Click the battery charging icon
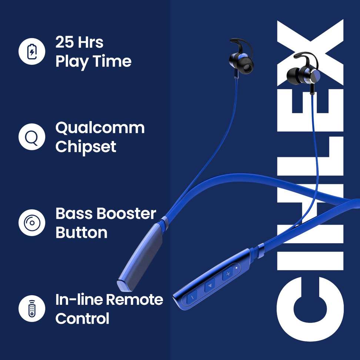tap(32, 51)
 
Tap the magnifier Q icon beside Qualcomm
tap(32, 137)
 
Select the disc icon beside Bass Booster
tap(32, 223)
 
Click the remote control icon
tap(32, 309)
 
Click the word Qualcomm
tap(100, 128)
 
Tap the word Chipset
tap(86, 147)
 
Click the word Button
tap(81, 233)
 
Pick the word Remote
tap(135, 300)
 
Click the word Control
tap(82, 319)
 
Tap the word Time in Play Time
tap(112, 61)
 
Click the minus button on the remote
tap(192, 297)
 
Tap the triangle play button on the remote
tap(210, 286)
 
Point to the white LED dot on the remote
tap(236, 267)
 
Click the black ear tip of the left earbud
tap(247, 67)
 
